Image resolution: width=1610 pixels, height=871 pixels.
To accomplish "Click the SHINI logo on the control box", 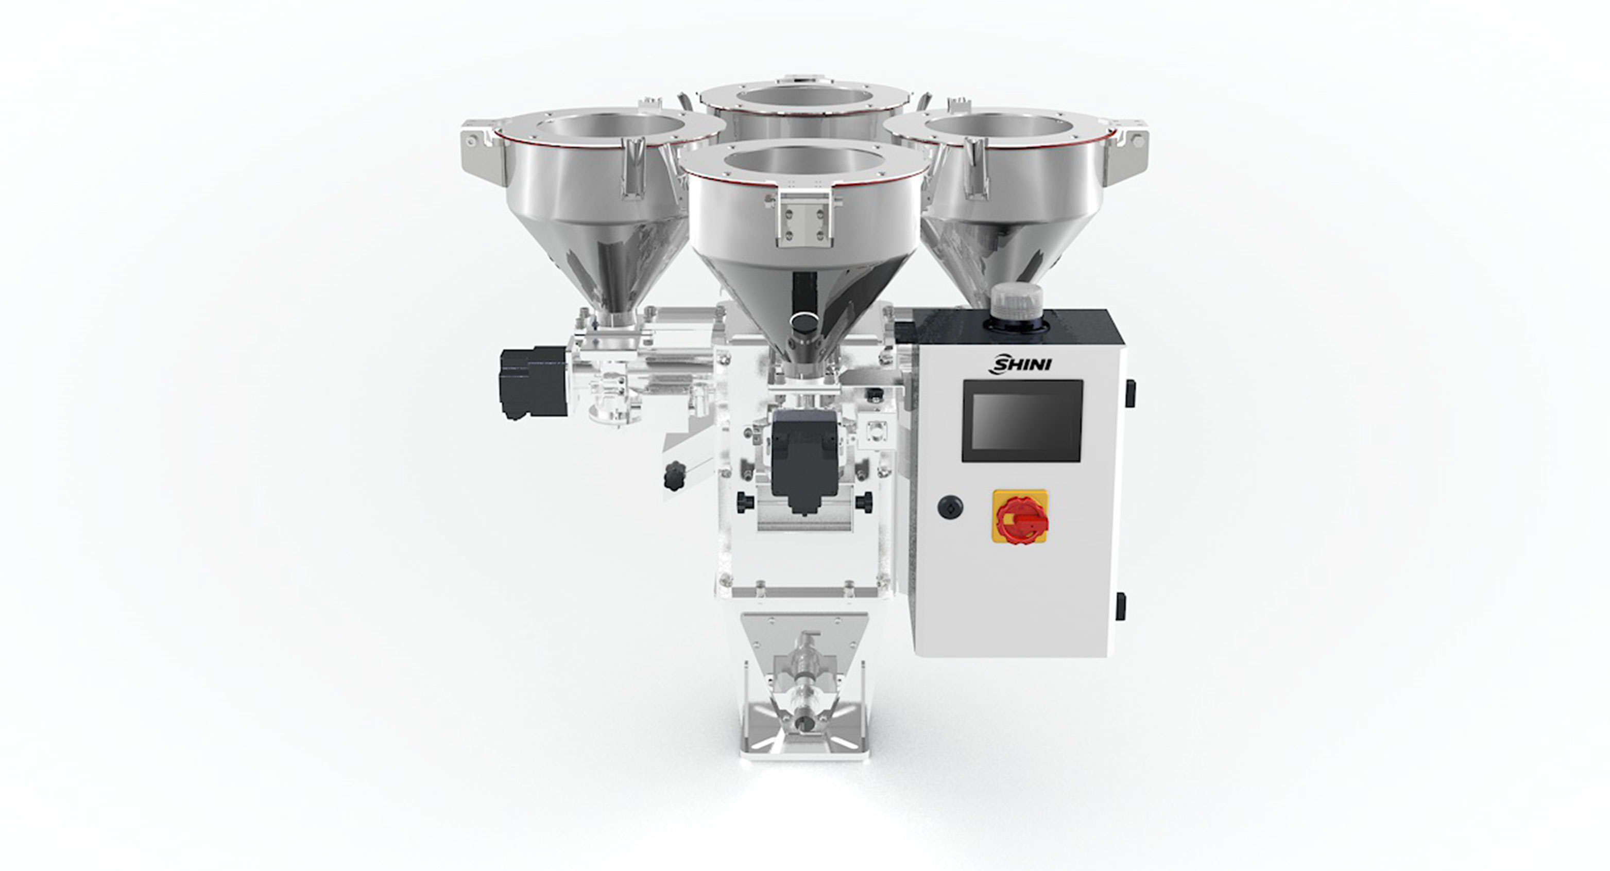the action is click(1019, 363).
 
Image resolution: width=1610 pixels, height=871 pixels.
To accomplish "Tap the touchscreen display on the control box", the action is click(1022, 421).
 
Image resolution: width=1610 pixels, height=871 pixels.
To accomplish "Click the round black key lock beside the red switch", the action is click(950, 506).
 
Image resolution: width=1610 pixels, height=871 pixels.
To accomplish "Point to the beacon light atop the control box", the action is click(1015, 303).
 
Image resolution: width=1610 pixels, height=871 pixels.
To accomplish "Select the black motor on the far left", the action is click(533, 382).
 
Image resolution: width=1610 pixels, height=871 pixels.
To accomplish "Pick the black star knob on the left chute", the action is click(674, 476).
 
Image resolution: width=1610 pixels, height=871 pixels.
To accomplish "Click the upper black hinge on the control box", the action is click(1130, 393).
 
